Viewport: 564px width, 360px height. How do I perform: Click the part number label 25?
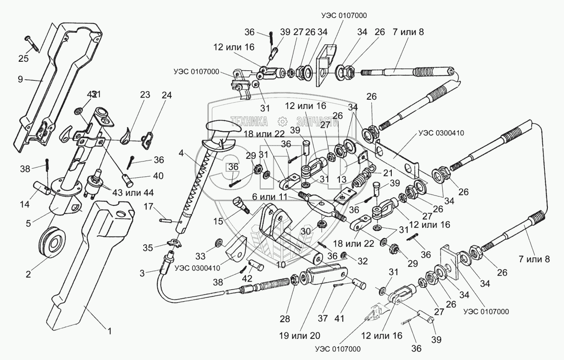pos(23,59)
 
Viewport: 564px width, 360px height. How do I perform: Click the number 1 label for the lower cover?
pos(109,330)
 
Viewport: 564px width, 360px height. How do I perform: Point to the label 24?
pos(166,95)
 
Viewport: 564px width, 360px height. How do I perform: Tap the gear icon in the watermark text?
pos(281,122)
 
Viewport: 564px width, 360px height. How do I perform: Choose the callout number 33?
pos(200,256)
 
